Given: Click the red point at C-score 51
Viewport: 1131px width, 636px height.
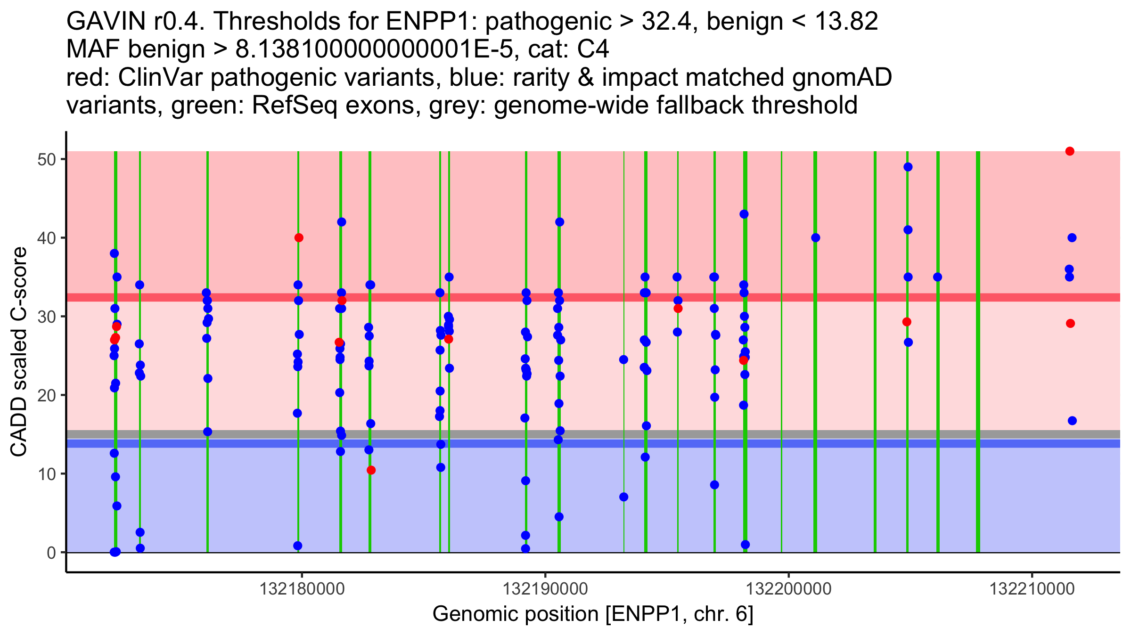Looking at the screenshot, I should tap(1070, 151).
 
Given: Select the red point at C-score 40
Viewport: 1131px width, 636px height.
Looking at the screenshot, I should tap(299, 238).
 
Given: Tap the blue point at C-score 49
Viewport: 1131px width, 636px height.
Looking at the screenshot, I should tap(908, 167).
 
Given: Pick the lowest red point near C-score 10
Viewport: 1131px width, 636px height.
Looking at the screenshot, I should tap(371, 470).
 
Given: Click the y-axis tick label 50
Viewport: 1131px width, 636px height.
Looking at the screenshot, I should tap(47, 159).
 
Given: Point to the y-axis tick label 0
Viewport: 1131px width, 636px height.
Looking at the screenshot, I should tap(51, 553).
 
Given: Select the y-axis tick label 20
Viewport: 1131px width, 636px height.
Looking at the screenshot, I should tap(47, 395).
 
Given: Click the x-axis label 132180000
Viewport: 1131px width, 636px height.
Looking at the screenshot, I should tap(302, 589).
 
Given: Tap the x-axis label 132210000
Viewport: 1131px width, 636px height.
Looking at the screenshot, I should tap(1032, 589).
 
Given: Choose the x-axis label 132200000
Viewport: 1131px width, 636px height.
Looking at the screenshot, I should tap(788, 589).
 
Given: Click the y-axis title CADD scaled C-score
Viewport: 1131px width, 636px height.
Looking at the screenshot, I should tap(19, 352).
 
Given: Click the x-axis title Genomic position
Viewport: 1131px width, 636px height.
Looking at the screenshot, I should tap(593, 614).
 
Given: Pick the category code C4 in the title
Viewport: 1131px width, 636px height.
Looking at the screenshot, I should tap(593, 49).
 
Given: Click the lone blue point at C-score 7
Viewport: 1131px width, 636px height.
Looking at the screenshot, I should tap(623, 497).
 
